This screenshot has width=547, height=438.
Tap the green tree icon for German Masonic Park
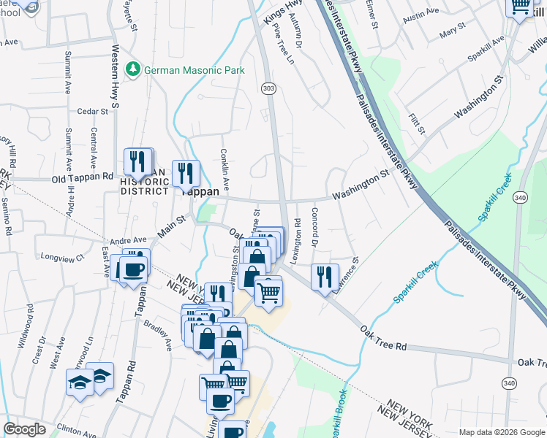[133, 69]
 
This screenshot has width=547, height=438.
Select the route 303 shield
[267, 88]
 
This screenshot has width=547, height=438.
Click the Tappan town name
[196, 191]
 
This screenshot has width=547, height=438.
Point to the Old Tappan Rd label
[83, 177]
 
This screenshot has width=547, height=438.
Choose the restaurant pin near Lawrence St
[324, 276]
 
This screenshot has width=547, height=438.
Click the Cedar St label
[92, 112]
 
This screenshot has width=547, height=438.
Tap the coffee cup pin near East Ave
[133, 269]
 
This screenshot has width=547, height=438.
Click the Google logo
[25, 429]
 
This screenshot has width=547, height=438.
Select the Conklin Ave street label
[226, 168]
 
